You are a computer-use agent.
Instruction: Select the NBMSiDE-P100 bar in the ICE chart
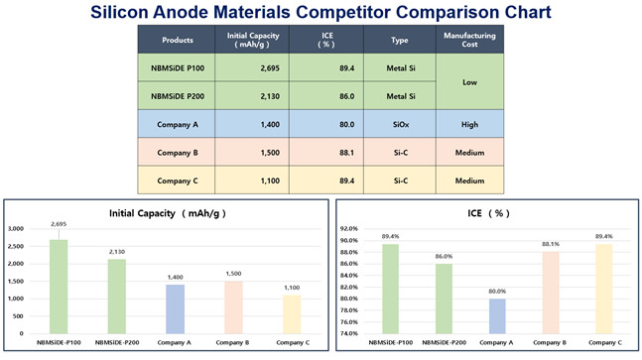(384, 289)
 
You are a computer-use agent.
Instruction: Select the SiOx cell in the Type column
(400, 128)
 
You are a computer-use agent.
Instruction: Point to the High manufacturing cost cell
(469, 128)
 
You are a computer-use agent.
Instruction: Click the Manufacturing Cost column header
(469, 41)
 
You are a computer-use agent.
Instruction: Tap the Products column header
(177, 41)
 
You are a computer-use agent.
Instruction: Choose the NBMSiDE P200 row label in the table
(177, 96)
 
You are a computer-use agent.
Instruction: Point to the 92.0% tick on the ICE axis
(346, 229)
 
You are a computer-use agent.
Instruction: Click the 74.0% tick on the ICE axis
(346, 333)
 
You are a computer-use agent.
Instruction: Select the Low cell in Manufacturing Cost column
(469, 82)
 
